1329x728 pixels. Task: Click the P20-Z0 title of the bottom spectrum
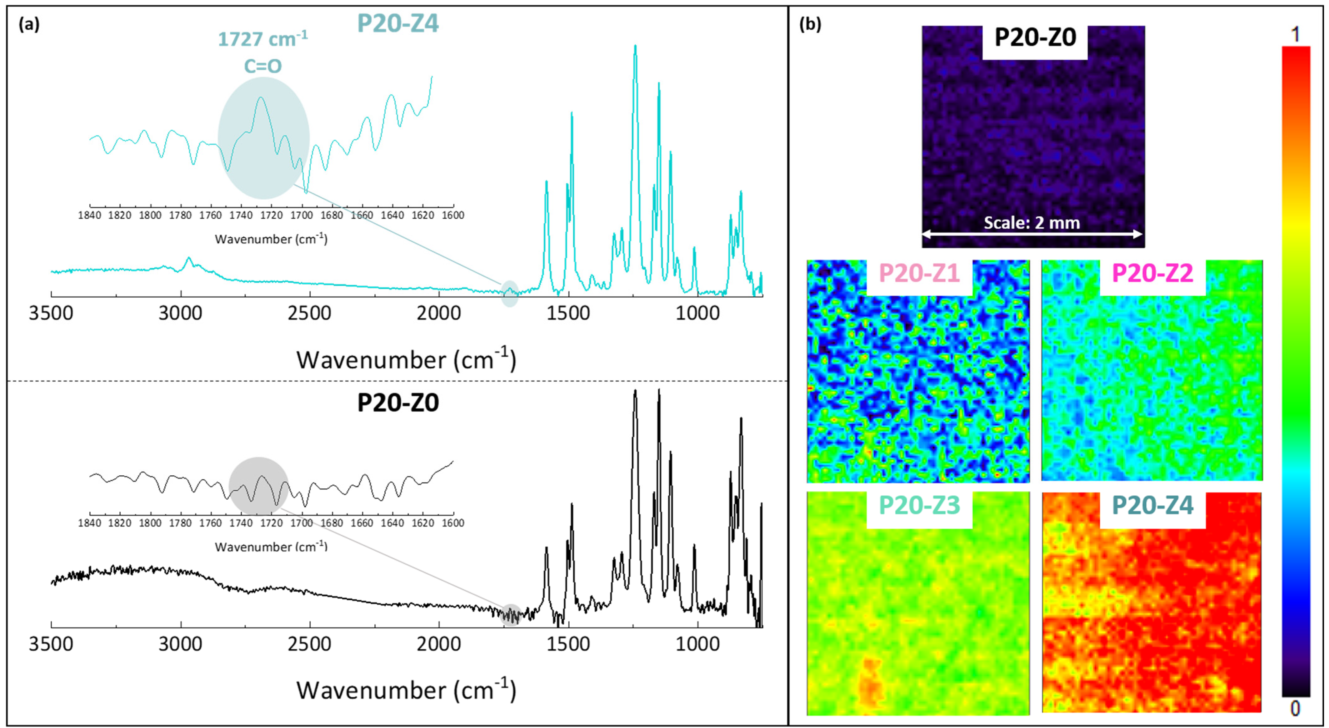point(398,403)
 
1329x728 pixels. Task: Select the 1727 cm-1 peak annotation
point(262,39)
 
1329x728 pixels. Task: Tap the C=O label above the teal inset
point(262,66)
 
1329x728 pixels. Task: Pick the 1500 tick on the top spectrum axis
point(568,313)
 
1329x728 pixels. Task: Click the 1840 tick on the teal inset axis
point(90,215)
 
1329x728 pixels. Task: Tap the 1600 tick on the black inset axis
point(453,523)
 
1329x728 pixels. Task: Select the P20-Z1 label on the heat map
point(919,273)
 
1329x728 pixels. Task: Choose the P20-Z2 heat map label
point(1152,273)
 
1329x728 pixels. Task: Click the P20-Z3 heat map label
point(919,505)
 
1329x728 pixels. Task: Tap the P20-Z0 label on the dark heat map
point(1035,38)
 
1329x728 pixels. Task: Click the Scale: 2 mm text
point(1032,223)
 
